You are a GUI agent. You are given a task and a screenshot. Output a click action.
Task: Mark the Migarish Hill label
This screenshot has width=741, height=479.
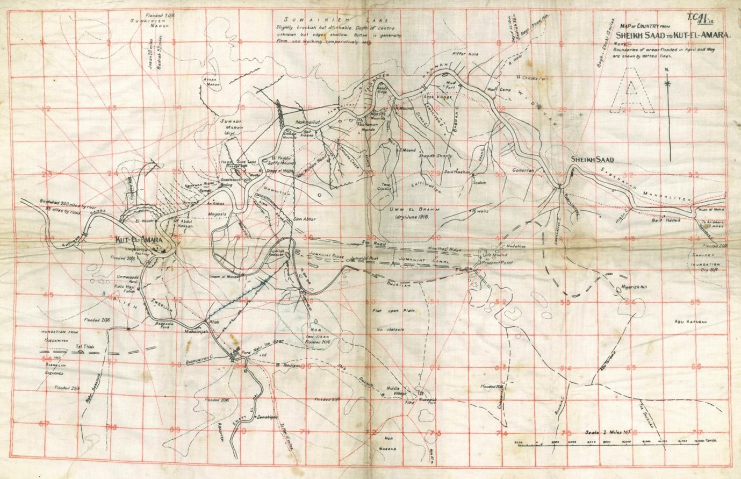[634, 287]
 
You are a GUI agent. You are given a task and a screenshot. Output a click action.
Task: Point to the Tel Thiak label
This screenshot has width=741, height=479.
[85, 347]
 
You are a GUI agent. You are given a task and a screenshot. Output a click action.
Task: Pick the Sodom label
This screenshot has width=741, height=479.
[479, 183]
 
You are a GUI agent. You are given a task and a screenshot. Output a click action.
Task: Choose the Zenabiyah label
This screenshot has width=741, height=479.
[267, 417]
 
